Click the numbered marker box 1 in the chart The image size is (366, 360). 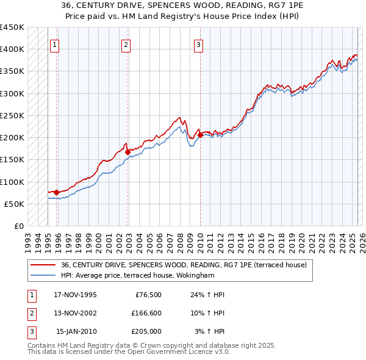55,44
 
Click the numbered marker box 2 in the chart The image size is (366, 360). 126,44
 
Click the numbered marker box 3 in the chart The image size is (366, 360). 199,44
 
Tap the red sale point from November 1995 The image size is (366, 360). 57,192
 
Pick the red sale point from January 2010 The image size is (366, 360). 200,135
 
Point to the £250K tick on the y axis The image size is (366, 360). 12,115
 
